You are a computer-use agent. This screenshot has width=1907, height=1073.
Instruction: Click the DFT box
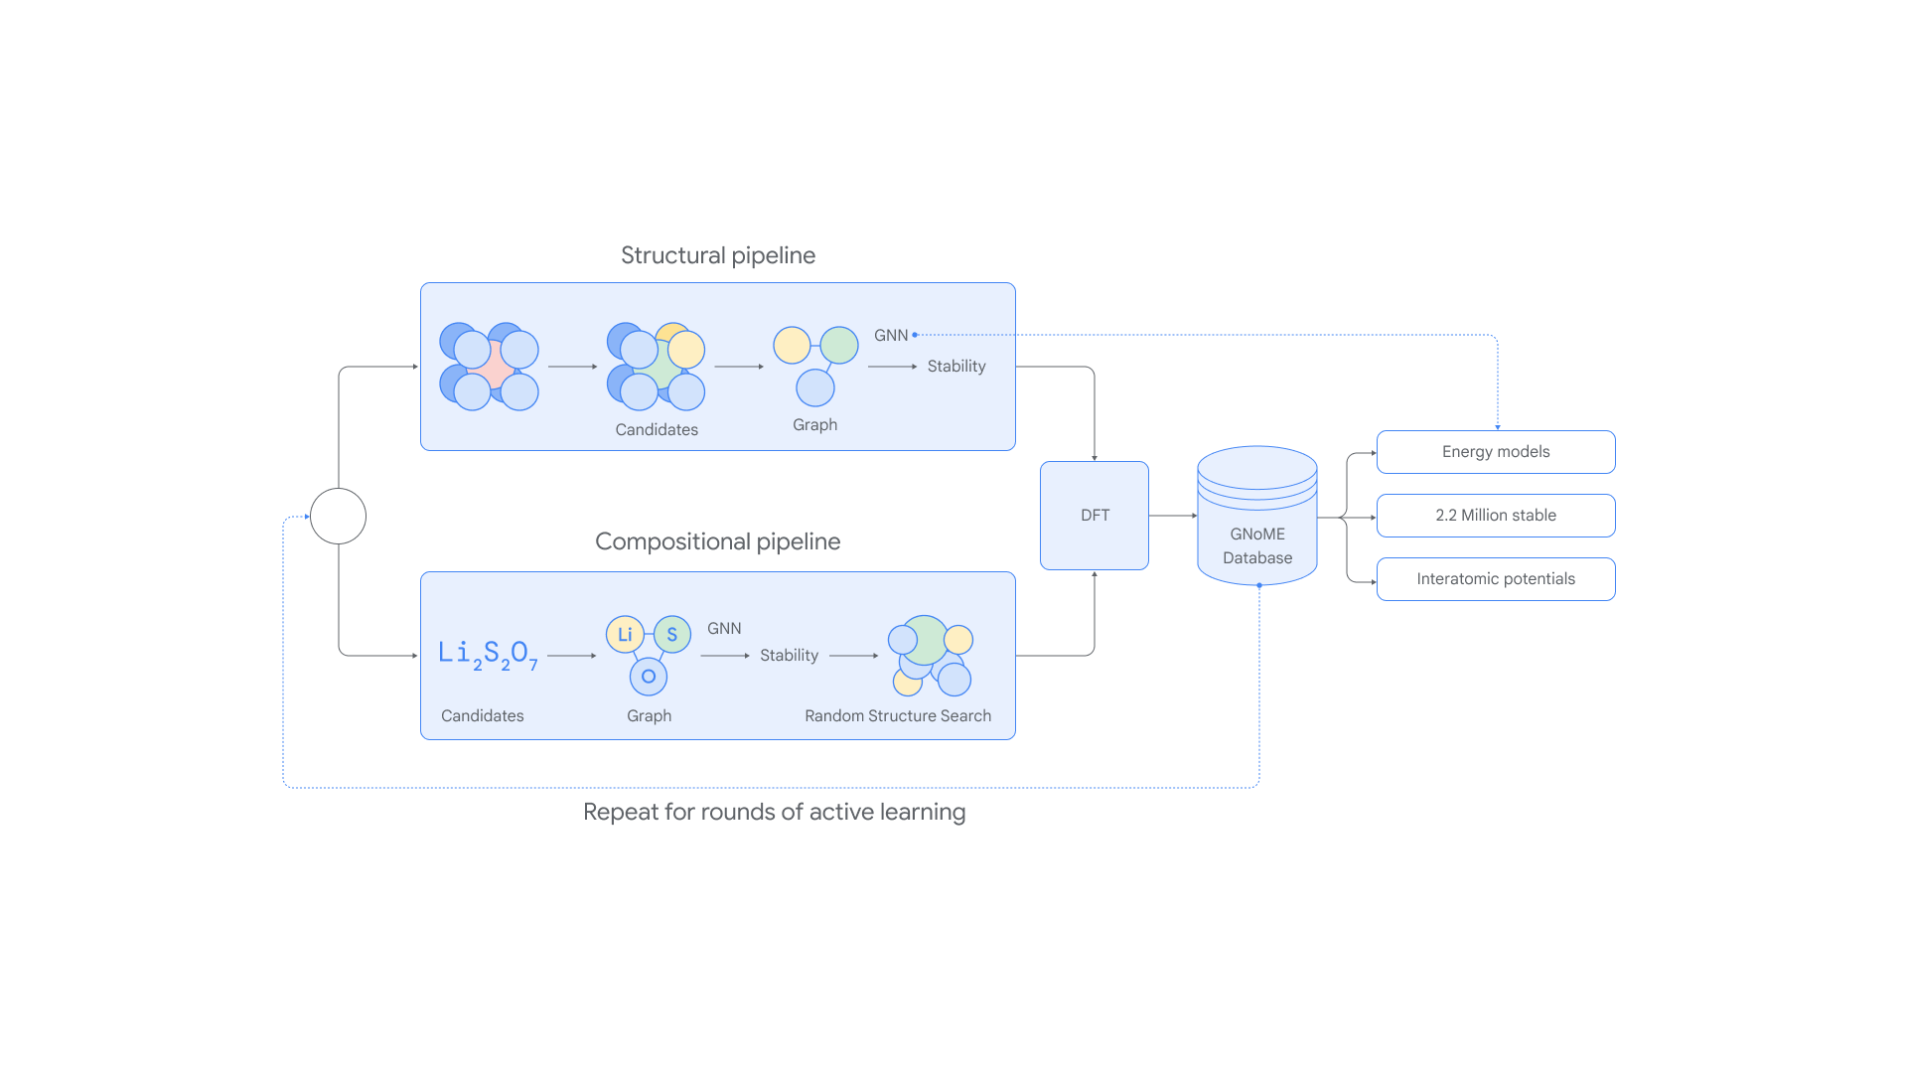tap(1095, 516)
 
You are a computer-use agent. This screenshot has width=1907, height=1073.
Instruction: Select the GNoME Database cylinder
tap(1257, 516)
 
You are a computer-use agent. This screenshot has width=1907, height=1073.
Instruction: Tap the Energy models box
tap(1496, 452)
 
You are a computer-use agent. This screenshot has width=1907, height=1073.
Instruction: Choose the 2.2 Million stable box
tap(1496, 516)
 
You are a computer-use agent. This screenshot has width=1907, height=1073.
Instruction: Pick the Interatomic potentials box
tap(1496, 579)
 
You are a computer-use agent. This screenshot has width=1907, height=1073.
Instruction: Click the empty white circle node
tap(338, 517)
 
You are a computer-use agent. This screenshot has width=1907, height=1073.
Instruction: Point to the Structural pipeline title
tap(718, 255)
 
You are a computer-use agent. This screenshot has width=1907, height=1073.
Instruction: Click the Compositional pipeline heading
tap(718, 541)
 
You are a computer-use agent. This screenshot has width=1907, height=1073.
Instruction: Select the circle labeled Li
tap(625, 634)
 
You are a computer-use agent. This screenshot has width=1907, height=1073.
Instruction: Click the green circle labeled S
tap(672, 634)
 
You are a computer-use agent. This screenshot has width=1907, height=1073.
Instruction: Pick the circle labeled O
tap(649, 677)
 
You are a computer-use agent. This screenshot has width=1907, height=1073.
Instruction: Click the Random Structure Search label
tap(898, 716)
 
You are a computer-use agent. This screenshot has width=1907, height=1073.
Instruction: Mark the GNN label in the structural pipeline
tap(891, 336)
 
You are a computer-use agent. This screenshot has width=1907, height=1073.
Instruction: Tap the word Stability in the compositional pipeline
tap(790, 656)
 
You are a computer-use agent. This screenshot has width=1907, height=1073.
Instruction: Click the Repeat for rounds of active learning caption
tap(774, 812)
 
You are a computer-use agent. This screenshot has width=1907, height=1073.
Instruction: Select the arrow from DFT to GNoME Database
tap(1173, 516)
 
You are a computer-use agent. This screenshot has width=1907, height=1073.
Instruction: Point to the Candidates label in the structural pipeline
tap(657, 430)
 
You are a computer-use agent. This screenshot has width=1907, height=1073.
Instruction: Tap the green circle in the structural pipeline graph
tap(839, 345)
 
